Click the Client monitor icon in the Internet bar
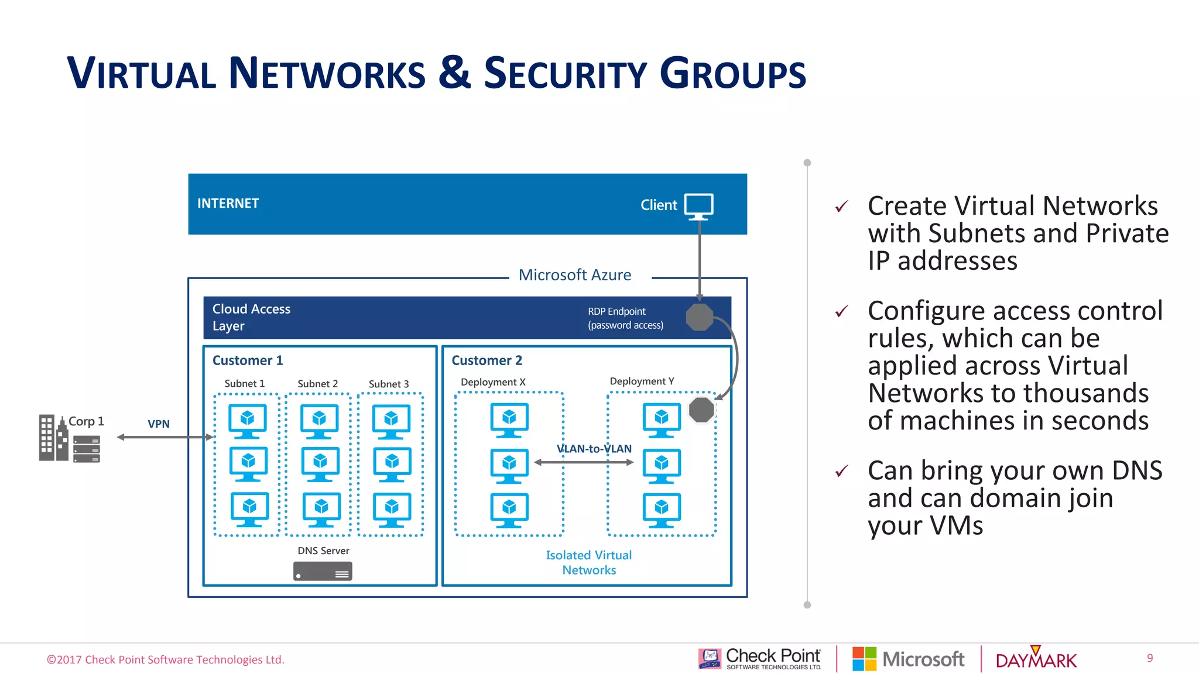699,206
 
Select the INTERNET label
228,204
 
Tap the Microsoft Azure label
574,275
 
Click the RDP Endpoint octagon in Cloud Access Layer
699,317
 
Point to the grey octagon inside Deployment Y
701,410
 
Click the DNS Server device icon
323,571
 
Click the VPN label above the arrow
159,424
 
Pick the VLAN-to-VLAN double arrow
584,462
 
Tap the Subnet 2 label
317,384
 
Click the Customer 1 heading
248,360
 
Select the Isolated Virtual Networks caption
589,562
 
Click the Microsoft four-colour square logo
864,659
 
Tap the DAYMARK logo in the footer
1036,659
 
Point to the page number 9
1150,658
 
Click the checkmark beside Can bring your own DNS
842,471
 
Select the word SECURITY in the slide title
564,74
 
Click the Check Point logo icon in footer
710,659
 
